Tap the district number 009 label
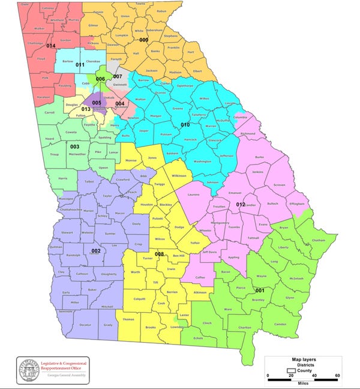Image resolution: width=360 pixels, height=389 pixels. pyautogui.click(x=143, y=40)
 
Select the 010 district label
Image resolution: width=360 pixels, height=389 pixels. pyautogui.click(x=185, y=124)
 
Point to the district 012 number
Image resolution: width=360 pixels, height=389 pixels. pyautogui.click(x=240, y=205)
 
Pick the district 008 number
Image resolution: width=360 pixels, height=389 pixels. pyautogui.click(x=160, y=255)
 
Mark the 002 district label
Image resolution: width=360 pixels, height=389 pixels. pyautogui.click(x=95, y=250)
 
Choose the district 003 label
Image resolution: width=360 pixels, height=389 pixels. pyautogui.click(x=75, y=146)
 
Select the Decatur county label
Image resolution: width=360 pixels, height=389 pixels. pyautogui.click(x=85, y=325)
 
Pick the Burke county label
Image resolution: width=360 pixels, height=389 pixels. pyautogui.click(x=259, y=157)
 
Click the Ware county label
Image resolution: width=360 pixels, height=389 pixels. pyautogui.click(x=228, y=309)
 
